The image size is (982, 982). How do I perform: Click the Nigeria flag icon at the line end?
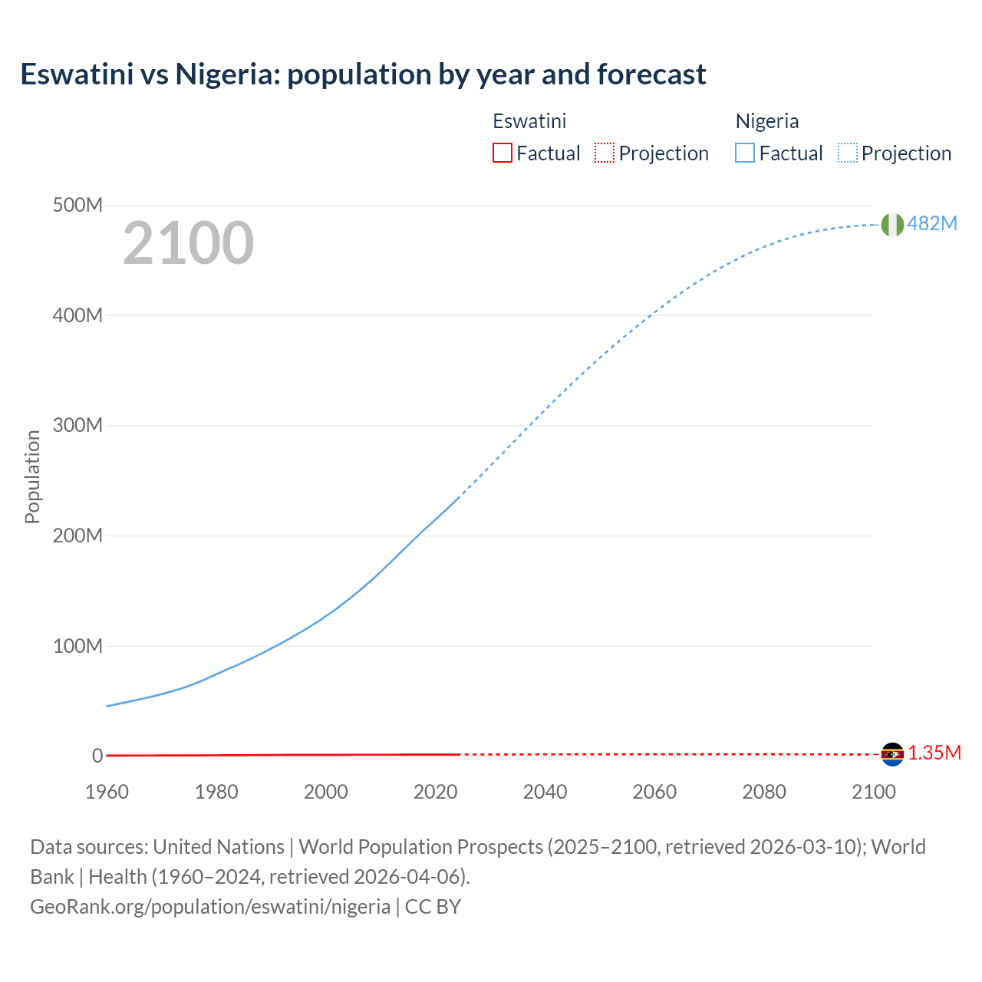click(892, 224)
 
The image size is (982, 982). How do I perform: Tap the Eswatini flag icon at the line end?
click(892, 754)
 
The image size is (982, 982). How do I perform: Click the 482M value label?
click(932, 223)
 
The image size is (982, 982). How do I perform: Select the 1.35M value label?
click(934, 753)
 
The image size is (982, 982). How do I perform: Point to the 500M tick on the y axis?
click(77, 205)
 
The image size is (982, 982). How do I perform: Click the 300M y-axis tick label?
click(77, 425)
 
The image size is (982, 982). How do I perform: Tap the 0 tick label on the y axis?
click(97, 756)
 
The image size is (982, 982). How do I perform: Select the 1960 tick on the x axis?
click(107, 792)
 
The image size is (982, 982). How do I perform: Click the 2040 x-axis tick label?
click(545, 792)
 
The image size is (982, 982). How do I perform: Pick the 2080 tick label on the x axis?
click(764, 792)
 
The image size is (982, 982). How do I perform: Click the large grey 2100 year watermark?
click(188, 242)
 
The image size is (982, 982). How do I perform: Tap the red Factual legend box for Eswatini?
click(503, 153)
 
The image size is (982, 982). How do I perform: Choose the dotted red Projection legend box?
click(605, 153)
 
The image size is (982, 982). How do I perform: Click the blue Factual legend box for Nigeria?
click(745, 153)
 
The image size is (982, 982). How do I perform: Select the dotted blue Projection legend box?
click(847, 153)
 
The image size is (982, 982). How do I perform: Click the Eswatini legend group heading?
click(529, 121)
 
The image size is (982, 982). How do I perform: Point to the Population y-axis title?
click(32, 476)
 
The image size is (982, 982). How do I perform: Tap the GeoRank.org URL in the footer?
click(210, 906)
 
